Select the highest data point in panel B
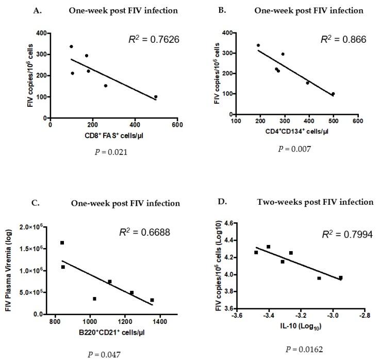258,45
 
